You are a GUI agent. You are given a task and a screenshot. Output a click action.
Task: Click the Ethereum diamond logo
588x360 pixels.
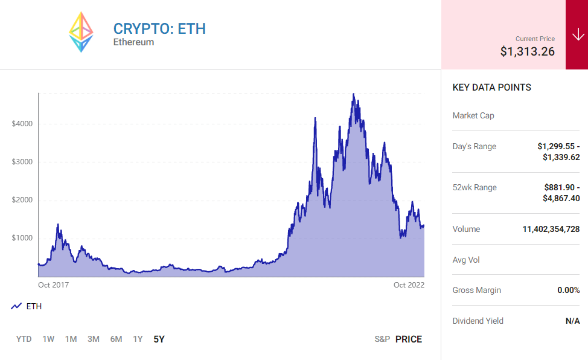[x=81, y=32]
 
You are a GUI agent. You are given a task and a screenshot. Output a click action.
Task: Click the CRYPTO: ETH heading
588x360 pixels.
[x=159, y=28]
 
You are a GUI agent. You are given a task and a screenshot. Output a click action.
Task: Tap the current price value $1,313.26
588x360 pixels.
[x=527, y=51]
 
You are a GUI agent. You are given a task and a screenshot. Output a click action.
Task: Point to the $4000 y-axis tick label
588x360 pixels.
[x=22, y=124]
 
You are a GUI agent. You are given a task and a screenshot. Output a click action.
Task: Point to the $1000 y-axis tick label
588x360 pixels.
[x=22, y=238]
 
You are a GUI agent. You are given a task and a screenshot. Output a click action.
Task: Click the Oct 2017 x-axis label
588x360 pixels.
[x=53, y=284]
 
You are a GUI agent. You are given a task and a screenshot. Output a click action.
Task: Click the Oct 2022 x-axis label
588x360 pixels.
[x=409, y=284]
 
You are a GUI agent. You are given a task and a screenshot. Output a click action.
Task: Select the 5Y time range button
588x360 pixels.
[x=159, y=339]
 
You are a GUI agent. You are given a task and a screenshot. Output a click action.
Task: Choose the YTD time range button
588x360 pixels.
[x=24, y=339]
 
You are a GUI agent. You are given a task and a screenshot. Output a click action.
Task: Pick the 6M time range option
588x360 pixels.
[x=116, y=339]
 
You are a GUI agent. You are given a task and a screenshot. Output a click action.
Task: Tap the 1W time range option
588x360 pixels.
[x=48, y=339]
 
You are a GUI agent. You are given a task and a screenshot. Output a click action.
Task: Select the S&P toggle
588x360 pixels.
[x=382, y=339]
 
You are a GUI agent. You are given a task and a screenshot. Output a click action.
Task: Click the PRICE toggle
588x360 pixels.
[x=409, y=339]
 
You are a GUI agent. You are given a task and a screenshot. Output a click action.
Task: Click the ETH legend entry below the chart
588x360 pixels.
[x=27, y=306]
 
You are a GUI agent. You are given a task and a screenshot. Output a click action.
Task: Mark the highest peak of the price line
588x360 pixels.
[x=353, y=94]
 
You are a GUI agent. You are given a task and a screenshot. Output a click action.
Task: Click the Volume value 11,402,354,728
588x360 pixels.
[x=551, y=229]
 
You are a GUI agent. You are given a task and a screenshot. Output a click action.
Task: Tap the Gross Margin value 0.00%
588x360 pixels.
[x=568, y=290]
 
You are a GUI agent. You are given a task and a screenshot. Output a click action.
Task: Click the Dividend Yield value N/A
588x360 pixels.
[x=572, y=321]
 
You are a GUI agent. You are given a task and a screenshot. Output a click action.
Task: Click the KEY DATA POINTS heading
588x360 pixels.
[x=491, y=88]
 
